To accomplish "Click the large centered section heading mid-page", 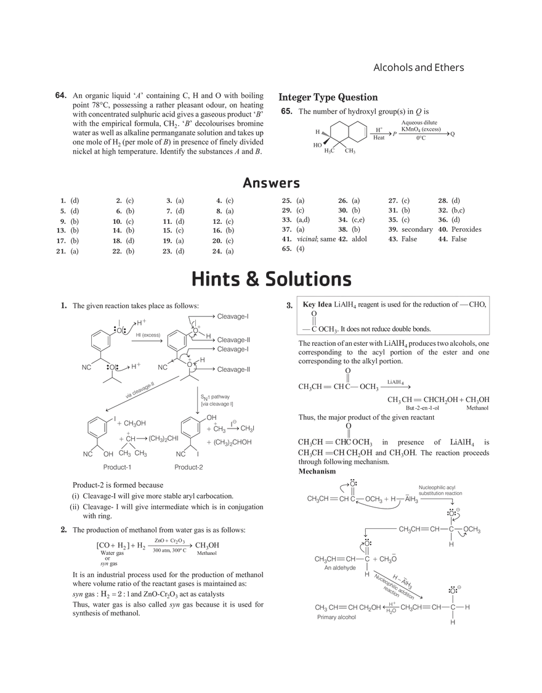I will pyautogui.click(x=271, y=279).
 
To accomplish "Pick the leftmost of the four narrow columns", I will pyautogui.click(x=68, y=224).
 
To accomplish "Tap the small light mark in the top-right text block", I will pyautogui.click(x=363, y=132).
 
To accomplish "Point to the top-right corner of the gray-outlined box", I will pyautogui.click(x=491, y=293).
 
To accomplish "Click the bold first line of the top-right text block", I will pyautogui.click(x=326, y=96).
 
